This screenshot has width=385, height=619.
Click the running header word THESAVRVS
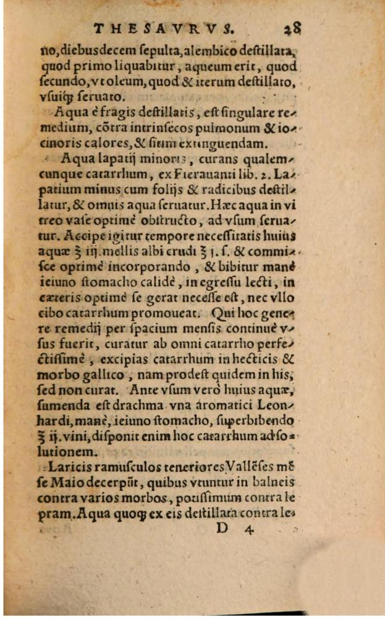(x=162, y=28)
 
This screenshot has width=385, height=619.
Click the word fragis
(x=126, y=111)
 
